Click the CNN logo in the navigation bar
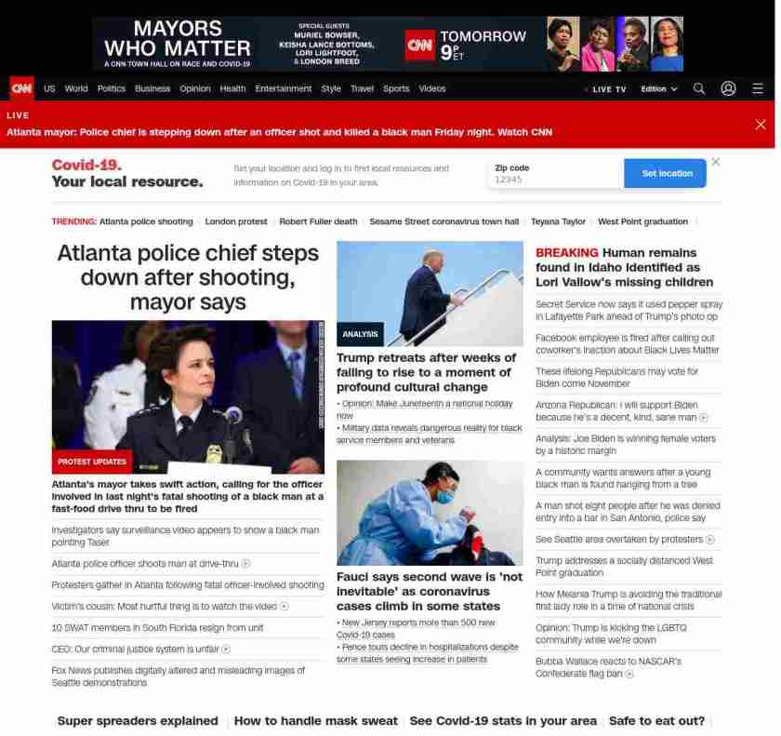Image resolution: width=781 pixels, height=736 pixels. [21, 88]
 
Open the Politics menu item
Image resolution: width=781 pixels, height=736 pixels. [111, 89]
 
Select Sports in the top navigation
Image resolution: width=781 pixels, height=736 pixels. [396, 89]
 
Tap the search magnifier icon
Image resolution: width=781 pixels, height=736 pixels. [699, 88]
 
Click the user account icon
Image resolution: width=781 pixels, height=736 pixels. [728, 88]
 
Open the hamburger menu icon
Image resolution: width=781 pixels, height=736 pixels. [758, 88]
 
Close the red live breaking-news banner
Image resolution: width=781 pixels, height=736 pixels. [761, 125]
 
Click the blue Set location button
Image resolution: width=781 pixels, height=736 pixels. [667, 174]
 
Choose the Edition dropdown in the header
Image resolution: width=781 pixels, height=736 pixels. [658, 89]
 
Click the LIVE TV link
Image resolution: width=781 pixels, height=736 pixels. [608, 89]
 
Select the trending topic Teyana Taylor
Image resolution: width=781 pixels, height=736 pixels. [558, 222]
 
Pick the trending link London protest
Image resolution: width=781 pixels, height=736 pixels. [236, 222]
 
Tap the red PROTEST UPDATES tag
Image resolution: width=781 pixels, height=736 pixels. [92, 462]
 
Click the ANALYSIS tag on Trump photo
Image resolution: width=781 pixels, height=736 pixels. [360, 334]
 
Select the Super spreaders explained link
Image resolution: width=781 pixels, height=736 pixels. [138, 721]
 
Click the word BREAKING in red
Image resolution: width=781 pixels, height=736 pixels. [566, 253]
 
